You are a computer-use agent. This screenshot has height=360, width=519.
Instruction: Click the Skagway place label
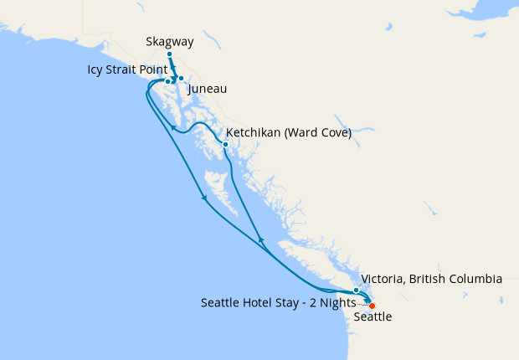(x=169, y=40)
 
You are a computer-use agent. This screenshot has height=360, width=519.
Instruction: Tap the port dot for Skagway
(x=169, y=54)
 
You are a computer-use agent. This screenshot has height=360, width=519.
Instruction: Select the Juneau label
(x=208, y=89)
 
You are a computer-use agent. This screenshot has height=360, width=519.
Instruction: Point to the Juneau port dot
(x=181, y=78)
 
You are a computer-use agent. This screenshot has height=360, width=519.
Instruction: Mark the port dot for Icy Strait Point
(x=167, y=81)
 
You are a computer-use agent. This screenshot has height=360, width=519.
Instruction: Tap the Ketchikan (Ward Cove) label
(x=288, y=132)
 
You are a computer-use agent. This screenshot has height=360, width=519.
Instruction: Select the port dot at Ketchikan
(x=225, y=144)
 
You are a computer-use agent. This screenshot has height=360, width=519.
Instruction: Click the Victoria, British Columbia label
(x=431, y=279)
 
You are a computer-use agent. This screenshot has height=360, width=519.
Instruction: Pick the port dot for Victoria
(x=357, y=291)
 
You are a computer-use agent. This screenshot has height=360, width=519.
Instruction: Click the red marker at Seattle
(x=373, y=306)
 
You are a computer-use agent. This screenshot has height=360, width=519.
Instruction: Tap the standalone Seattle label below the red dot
(x=372, y=318)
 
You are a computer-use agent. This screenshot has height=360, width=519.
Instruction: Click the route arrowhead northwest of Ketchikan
(x=173, y=128)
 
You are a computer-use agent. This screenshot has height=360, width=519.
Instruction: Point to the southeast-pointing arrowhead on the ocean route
(x=205, y=199)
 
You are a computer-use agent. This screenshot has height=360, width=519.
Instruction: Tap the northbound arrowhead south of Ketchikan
(x=260, y=240)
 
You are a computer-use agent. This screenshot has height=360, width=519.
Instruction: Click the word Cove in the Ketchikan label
(x=333, y=132)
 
